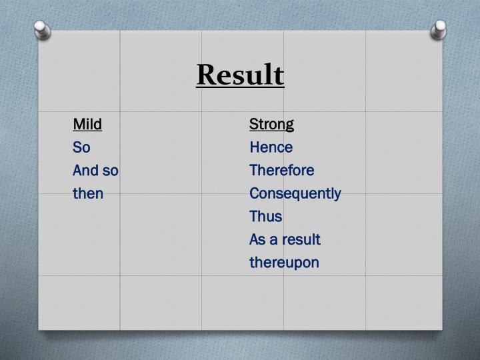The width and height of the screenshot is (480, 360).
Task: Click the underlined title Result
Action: click(x=240, y=75)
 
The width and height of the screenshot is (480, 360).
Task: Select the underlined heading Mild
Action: click(x=87, y=124)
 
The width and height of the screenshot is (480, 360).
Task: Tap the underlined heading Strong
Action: click(x=271, y=124)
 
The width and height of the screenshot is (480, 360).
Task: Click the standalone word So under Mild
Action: click(x=81, y=147)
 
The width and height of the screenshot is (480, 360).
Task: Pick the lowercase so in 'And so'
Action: click(x=110, y=171)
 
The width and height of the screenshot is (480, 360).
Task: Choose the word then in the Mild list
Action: click(x=88, y=194)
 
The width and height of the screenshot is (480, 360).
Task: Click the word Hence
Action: click(x=271, y=147)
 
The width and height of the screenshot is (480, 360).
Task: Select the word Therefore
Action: click(x=281, y=171)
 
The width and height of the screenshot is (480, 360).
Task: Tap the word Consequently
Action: click(x=295, y=194)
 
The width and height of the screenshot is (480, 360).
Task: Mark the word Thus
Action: click(x=265, y=217)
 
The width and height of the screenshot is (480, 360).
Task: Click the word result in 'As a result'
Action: click(x=303, y=239)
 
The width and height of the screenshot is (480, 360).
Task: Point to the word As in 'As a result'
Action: click(x=257, y=239)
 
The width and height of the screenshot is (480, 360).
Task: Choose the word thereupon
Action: click(x=284, y=263)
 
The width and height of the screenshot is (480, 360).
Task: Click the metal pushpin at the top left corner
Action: click(x=41, y=29)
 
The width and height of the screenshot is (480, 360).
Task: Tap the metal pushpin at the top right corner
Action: click(x=439, y=29)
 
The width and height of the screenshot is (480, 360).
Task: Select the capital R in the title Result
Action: click(x=205, y=75)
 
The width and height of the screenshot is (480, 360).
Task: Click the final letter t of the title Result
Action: click(x=279, y=75)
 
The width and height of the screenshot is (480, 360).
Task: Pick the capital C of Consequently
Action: click(x=254, y=194)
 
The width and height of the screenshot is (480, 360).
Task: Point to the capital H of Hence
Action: click(x=254, y=147)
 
